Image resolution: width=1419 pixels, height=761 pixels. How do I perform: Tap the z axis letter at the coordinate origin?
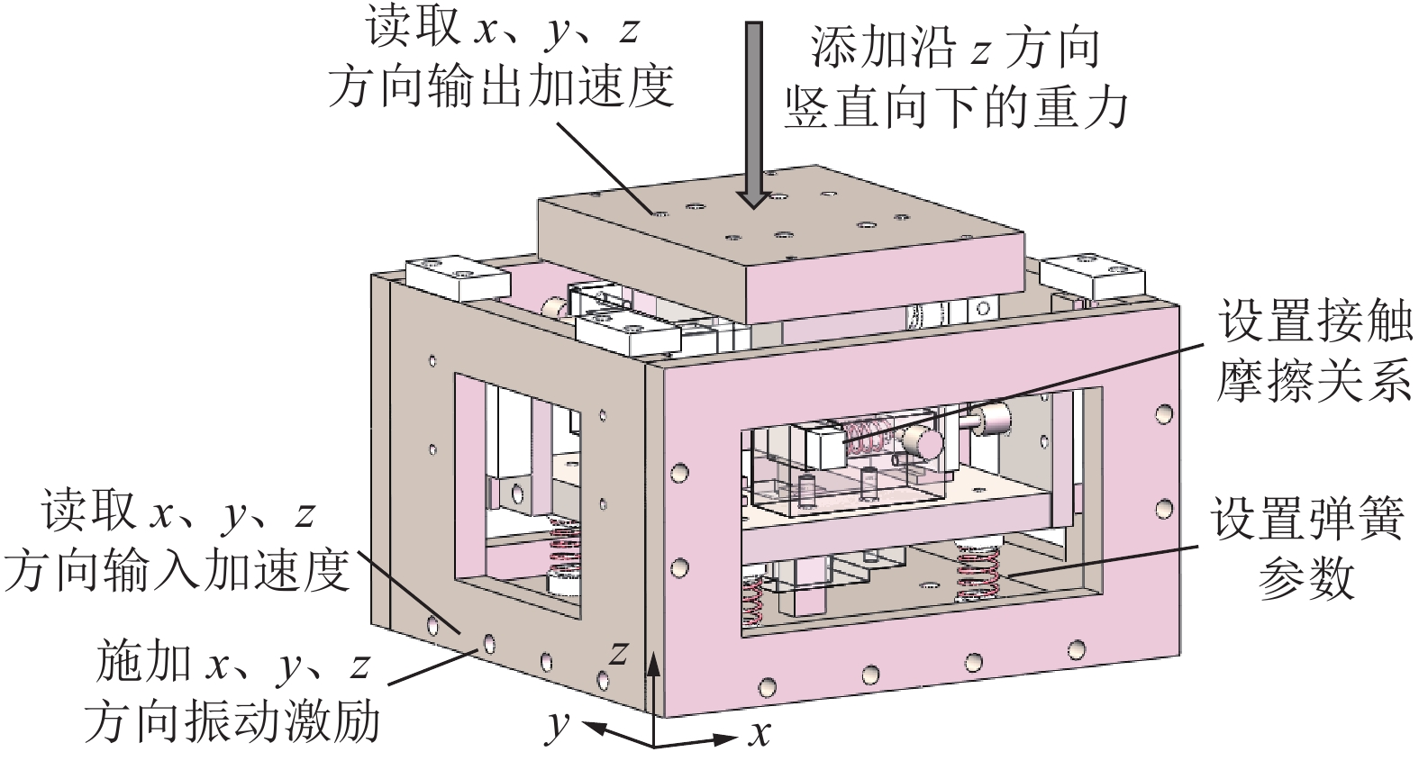click(617, 651)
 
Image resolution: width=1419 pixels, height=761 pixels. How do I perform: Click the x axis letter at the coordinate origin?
click(760, 734)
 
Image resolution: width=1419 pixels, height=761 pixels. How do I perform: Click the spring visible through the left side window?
click(565, 558)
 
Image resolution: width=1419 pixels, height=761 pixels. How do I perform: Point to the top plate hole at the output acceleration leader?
click(660, 214)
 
